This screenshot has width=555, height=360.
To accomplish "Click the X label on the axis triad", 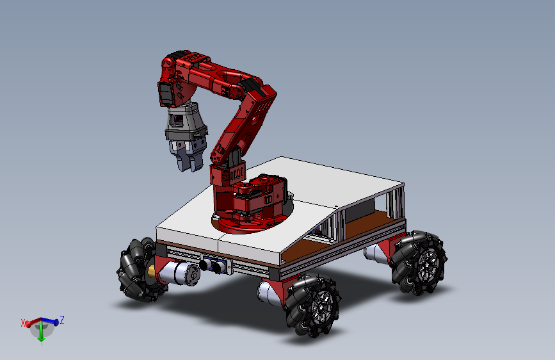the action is [23, 323].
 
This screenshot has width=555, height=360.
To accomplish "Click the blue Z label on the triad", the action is [62, 320].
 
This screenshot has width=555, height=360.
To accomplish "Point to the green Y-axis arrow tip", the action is [42, 343].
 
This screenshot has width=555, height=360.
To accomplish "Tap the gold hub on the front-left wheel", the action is [152, 271].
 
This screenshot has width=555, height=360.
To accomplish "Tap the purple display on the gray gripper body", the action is [177, 120].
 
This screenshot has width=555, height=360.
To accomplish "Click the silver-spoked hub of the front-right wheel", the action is [321, 306].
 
